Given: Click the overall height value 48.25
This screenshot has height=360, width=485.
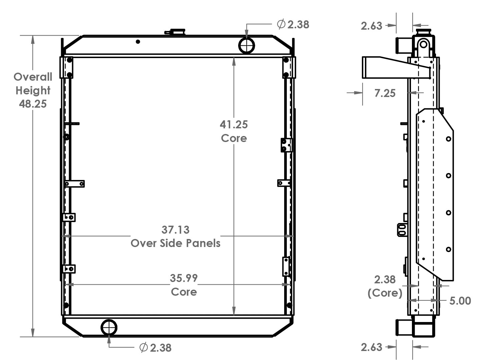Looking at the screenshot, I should point(33,104).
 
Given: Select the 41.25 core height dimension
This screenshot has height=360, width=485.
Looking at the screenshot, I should point(233,125).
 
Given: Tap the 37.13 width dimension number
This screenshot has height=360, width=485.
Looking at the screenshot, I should point(175,230).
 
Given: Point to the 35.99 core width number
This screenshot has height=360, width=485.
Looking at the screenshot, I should point(183,278).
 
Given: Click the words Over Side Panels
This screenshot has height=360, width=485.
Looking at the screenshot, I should point(175,243).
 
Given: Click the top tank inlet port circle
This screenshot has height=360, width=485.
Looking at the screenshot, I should point(247,45).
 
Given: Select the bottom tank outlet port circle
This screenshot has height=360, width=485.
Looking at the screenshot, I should point(109,327).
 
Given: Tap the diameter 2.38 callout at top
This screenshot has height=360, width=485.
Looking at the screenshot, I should point(293,24).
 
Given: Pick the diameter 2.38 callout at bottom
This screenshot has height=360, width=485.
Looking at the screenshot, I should point(155,348).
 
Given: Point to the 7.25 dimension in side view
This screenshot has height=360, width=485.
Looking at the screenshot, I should point(385,93).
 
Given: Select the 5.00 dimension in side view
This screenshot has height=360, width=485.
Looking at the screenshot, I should point(460,301).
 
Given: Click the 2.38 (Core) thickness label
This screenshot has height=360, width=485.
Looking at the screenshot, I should point(385,286).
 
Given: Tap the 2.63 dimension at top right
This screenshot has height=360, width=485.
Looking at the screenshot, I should point(371,26).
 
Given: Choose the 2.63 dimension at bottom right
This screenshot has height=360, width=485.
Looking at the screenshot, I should point(371,347).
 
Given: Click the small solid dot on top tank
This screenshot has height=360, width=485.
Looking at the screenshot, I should point(138,42).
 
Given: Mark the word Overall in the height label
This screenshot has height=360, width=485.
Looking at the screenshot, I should point(33,77).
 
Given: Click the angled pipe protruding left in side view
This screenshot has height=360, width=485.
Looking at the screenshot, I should point(384,68).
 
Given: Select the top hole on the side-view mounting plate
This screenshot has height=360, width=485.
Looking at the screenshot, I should point(449,139).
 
